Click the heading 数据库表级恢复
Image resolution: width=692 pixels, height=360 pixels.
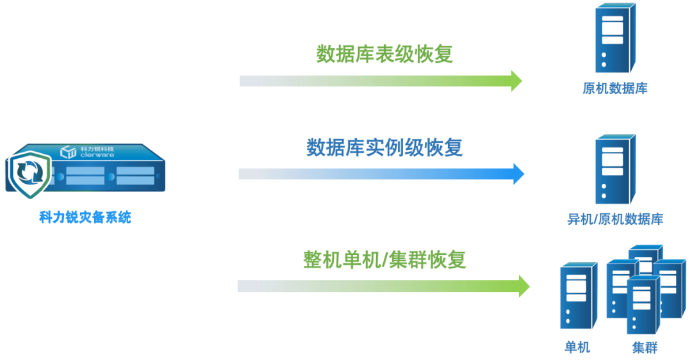point(384,54)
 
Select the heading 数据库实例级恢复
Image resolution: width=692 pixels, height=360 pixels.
point(384,148)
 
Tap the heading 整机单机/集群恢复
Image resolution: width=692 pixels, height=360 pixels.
point(384,260)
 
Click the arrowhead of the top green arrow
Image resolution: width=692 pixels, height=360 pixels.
point(516,80)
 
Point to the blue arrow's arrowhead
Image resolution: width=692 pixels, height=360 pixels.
point(518,174)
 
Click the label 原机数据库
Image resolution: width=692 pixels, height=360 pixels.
point(614,89)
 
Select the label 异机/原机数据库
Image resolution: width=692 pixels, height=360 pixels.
point(614,220)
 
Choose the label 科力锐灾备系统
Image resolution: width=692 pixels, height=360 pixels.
point(85,218)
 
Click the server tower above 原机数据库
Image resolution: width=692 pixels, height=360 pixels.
point(614,38)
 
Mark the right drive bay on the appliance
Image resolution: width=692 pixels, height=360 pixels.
point(135,176)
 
